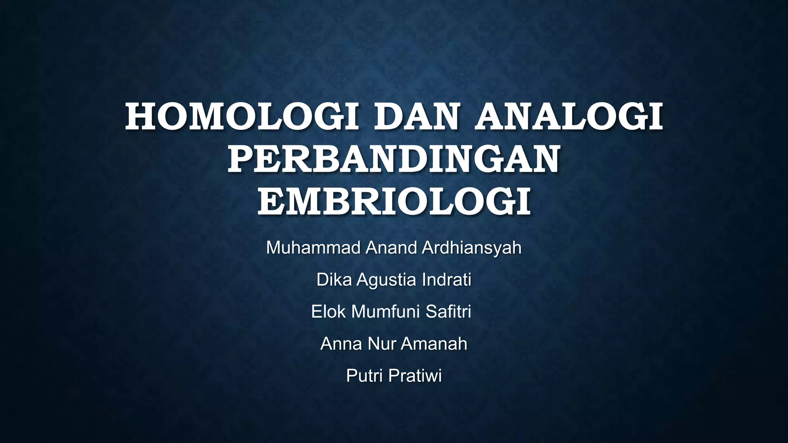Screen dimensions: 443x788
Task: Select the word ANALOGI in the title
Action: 569,116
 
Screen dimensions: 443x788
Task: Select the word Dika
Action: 334,280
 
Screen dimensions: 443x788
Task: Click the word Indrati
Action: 446,280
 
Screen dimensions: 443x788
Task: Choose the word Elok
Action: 328,311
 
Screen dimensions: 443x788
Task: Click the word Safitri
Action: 448,311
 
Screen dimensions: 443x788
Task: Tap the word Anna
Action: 341,344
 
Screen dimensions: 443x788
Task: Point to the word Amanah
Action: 434,344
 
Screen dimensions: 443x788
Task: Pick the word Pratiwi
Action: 415,376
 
